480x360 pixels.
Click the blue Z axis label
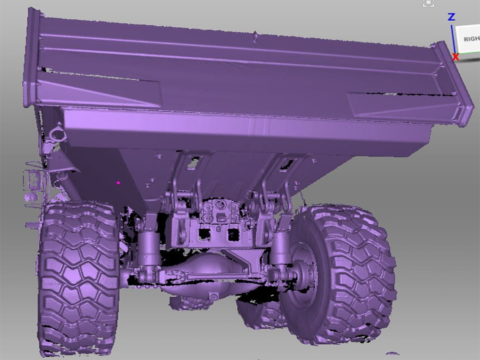[x=451, y=17]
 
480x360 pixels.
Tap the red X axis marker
[x=456, y=57]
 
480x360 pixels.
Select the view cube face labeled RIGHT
[x=470, y=39]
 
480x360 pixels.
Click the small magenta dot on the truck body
[x=119, y=183]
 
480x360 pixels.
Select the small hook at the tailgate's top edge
[x=254, y=35]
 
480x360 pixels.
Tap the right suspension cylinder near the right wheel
[x=278, y=249]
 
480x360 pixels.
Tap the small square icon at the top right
[x=428, y=4]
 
